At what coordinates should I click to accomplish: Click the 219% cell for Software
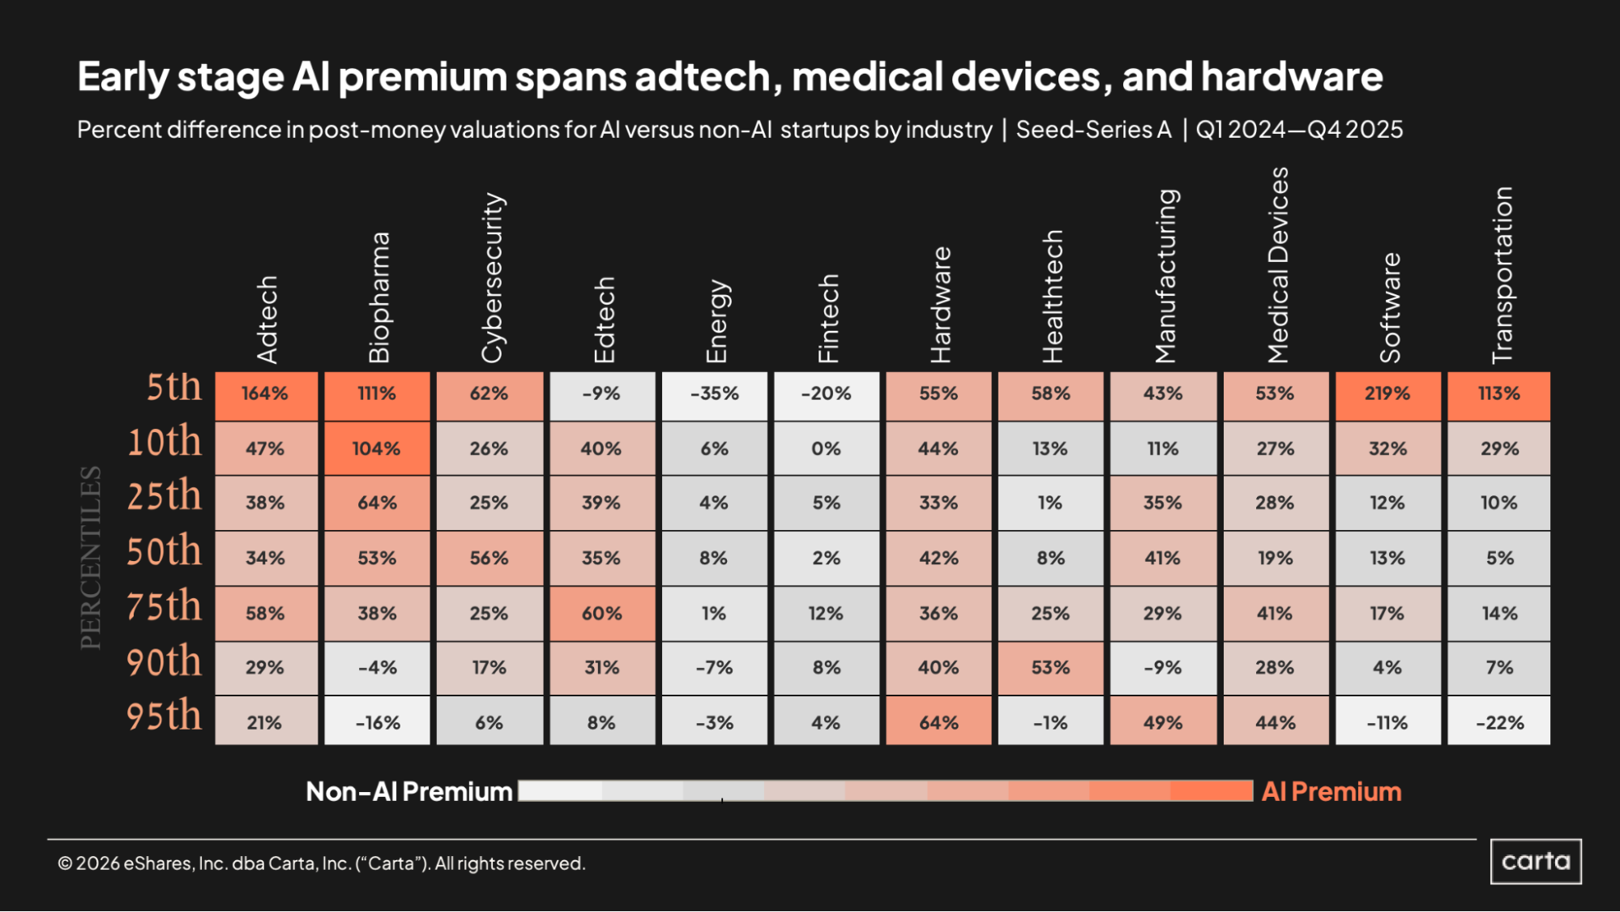[x=1387, y=395]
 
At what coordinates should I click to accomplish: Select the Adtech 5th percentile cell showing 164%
[x=266, y=395]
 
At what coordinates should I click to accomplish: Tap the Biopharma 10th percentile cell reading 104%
[x=377, y=448]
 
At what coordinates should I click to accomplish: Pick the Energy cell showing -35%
[x=714, y=395]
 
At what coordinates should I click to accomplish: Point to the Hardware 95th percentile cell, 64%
[x=938, y=721]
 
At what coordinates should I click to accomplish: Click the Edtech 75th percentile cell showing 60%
[x=601, y=613]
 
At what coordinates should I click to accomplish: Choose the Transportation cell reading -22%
[x=1499, y=721]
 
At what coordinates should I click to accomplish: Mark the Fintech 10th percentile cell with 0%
[x=826, y=448]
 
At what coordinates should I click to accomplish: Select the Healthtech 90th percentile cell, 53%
[x=1050, y=668]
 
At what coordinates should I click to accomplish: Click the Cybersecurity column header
[x=492, y=277]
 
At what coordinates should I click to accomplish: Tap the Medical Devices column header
[x=1278, y=265]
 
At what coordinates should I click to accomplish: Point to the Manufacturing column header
[x=1165, y=276]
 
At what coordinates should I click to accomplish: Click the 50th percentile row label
[x=164, y=551]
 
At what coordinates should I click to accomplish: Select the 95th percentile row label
[x=164, y=716]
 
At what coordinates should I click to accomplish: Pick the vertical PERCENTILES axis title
[x=91, y=558]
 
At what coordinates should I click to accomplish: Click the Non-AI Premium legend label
[x=408, y=791]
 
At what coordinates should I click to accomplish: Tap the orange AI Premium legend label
[x=1331, y=791]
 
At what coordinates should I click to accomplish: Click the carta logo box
[x=1536, y=861]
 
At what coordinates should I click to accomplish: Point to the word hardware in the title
[x=1292, y=77]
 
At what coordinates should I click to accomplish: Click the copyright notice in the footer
[x=321, y=863]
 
